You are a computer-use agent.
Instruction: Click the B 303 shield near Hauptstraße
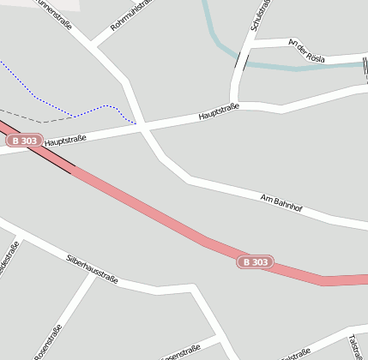point(25,140)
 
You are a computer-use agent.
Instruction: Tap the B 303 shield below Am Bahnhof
point(255,261)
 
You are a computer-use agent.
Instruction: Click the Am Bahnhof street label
point(284,205)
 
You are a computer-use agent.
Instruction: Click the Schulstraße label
point(260,15)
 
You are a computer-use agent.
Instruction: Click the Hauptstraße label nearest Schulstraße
point(218,111)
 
